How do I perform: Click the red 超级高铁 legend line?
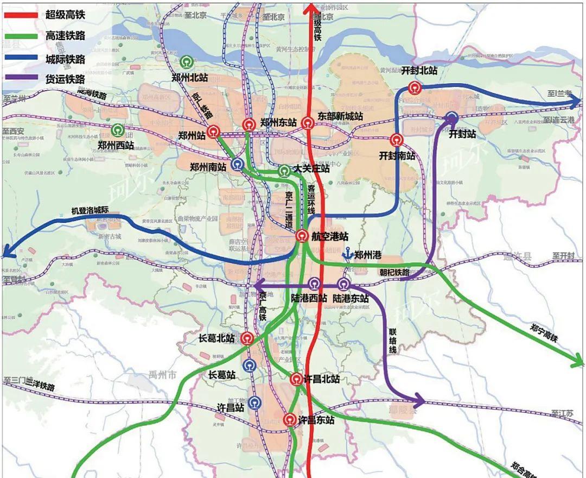pos(22,15)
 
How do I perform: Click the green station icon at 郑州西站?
pos(117,130)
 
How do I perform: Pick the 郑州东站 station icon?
pos(249,124)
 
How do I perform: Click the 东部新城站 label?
pos(340,116)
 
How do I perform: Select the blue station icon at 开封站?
pos(452,118)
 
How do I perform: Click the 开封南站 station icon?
pos(397,140)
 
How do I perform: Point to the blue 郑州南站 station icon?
pos(237,164)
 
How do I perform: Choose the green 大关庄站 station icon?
pos(284,171)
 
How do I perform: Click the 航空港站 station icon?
pos(302,236)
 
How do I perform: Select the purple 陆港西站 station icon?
pos(314,283)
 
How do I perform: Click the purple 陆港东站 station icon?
pos(343,283)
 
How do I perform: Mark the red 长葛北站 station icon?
pos(247,338)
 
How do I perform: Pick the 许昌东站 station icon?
pos(290,420)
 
